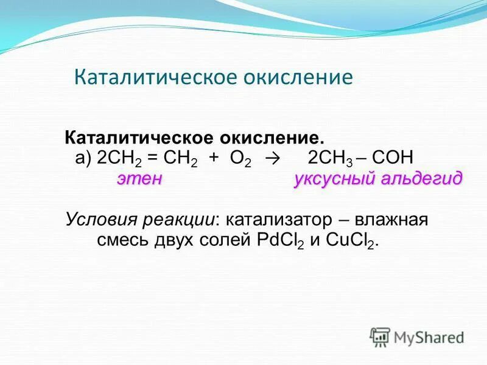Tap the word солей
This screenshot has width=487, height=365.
click(x=217, y=240)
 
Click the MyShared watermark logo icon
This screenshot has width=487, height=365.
click(x=380, y=336)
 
